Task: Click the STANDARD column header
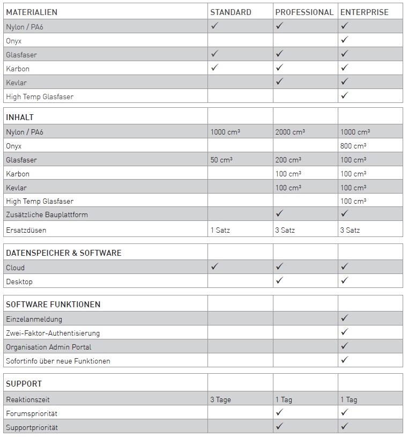231,12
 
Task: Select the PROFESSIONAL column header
304,12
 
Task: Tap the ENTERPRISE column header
365,12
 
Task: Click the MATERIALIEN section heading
32,12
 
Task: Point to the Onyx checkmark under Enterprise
345,40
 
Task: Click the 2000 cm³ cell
290,132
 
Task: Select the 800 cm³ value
353,146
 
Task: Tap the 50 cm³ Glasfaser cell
221,160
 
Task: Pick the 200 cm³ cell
288,160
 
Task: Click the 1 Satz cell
220,230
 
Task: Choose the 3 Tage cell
220,399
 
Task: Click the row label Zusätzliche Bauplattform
47,214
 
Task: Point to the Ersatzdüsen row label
26,230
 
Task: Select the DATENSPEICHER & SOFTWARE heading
63,253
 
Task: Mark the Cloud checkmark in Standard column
214,266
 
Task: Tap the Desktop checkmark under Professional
279,280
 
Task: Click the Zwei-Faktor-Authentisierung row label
53,333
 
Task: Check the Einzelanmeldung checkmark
345,318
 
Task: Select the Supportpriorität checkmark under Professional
279,426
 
